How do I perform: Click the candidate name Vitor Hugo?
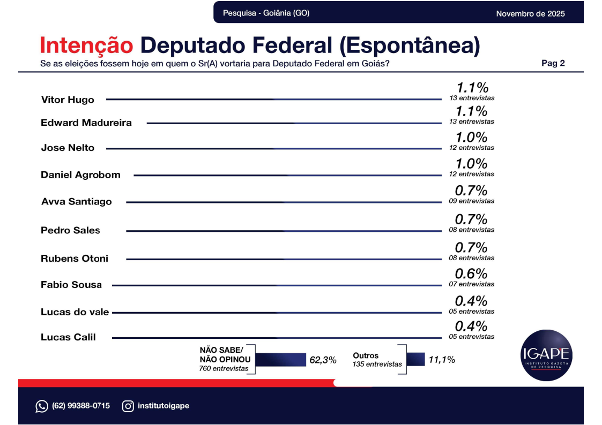click(x=68, y=100)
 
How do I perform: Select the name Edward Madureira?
click(x=86, y=123)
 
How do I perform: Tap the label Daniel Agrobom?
click(x=80, y=175)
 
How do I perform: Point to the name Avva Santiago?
click(x=77, y=202)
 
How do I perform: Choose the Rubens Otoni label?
click(x=75, y=259)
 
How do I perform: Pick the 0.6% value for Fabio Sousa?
click(x=471, y=274)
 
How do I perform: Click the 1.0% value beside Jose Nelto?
click(x=471, y=138)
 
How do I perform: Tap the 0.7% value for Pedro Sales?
click(x=471, y=219)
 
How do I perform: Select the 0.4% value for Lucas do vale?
click(x=471, y=301)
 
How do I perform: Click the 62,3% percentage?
click(x=323, y=360)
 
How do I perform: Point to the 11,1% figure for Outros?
click(x=442, y=360)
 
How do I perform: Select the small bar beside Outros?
click(x=417, y=359)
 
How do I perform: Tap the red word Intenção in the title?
click(x=86, y=46)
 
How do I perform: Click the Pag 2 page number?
click(x=553, y=63)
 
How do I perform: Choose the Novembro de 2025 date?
click(x=530, y=13)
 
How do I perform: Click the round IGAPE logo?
click(x=546, y=355)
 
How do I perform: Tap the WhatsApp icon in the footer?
click(x=42, y=406)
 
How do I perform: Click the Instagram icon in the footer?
click(x=128, y=406)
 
